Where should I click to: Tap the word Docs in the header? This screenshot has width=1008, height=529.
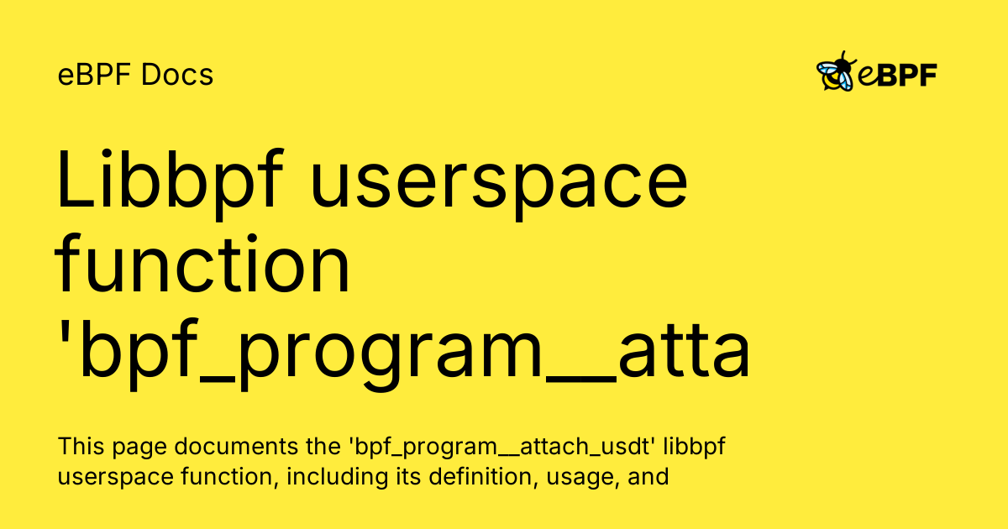click(177, 75)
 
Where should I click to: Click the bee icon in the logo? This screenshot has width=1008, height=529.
click(836, 71)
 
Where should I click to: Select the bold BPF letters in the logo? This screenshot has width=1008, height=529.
click(907, 75)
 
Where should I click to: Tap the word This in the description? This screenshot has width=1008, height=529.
click(81, 446)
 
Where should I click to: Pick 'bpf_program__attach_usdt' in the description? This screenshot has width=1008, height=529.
click(501, 448)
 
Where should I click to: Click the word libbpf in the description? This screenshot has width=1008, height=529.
click(695, 447)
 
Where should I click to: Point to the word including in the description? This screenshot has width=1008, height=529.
click(337, 476)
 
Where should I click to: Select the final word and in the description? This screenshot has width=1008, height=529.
click(648, 476)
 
